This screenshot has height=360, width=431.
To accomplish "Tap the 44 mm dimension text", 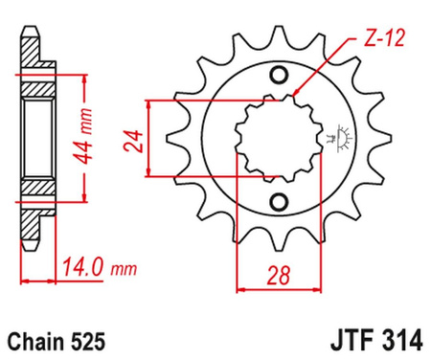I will tap(87, 131).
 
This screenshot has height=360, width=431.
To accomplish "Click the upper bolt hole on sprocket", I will tap(280, 77).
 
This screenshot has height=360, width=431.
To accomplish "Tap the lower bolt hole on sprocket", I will tap(280, 200).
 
